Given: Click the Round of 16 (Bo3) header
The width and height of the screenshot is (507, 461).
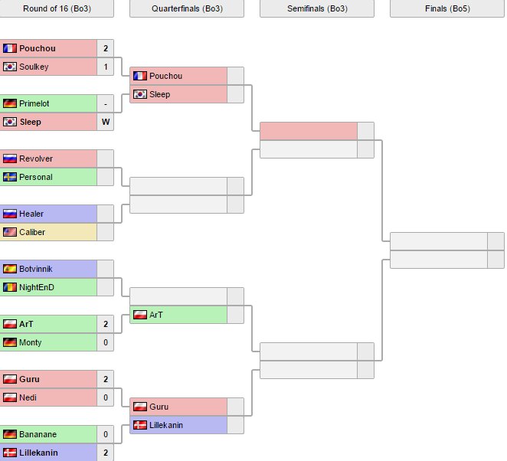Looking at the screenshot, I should (57, 8).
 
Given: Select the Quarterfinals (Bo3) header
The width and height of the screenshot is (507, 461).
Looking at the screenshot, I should (187, 8).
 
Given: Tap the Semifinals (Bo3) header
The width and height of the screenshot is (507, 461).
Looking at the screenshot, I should (317, 8).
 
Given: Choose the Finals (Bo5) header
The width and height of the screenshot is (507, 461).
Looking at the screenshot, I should (447, 8).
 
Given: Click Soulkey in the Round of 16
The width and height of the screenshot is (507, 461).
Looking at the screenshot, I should (34, 67).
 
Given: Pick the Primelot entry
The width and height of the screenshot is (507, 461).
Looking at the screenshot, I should (35, 103).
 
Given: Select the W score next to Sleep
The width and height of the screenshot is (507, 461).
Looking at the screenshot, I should (106, 122).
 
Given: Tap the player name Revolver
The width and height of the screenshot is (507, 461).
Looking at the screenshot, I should (36, 159).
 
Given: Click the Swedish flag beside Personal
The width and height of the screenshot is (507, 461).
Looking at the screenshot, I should (10, 177).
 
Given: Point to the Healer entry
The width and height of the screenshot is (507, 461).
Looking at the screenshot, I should (31, 214).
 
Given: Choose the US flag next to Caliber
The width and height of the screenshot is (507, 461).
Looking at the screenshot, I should (10, 232).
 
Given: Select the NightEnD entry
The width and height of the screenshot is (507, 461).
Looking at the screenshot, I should (37, 287).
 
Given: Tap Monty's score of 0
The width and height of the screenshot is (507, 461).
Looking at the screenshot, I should (106, 342).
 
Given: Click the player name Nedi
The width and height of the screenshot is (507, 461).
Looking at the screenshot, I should (28, 397).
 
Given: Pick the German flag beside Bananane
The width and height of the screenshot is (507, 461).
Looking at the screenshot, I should (10, 434).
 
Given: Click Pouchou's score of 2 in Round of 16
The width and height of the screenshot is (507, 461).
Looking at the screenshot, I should (106, 48).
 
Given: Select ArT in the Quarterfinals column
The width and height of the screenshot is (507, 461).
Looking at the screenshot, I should (156, 315).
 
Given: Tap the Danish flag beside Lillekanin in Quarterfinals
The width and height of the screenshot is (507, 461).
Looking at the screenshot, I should (140, 425).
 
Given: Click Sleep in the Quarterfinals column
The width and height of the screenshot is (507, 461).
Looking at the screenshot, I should (160, 94).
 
